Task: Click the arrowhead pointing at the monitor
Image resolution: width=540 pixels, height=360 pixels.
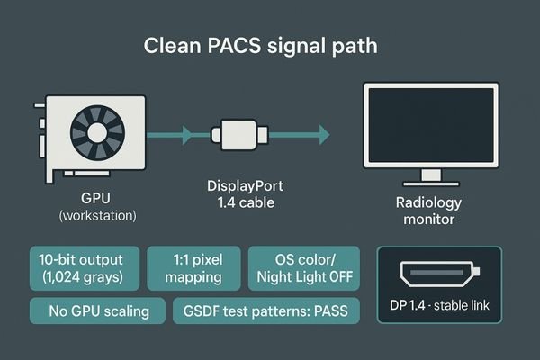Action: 321,135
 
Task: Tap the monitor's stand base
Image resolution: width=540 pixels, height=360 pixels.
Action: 431,180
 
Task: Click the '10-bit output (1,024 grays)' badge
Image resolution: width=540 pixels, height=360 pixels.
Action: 84,267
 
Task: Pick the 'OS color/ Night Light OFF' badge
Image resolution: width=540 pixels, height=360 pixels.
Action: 303,267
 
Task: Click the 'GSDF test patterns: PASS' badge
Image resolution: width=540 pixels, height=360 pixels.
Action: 265,311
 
